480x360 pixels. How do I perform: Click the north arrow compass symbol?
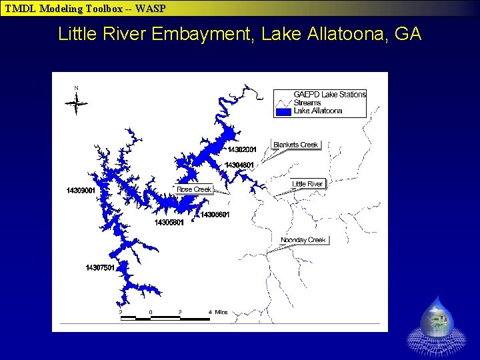(x=77, y=102)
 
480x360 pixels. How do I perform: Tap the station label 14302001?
(x=242, y=149)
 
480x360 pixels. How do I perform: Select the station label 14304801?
(x=239, y=165)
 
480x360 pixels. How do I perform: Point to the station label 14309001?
(x=81, y=191)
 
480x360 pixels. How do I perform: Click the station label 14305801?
(x=169, y=223)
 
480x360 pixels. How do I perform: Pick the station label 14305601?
(x=215, y=215)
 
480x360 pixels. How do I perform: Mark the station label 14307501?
(x=100, y=268)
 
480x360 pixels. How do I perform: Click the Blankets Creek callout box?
(x=295, y=145)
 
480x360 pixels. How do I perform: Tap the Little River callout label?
(x=307, y=184)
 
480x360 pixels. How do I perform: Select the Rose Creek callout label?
(x=193, y=189)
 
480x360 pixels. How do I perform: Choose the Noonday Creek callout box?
(x=303, y=240)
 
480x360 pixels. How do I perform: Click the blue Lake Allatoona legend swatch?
(x=283, y=111)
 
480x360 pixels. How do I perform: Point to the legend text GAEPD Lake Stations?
(x=329, y=95)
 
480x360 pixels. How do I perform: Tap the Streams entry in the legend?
(x=307, y=103)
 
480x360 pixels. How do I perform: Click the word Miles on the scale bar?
(x=221, y=312)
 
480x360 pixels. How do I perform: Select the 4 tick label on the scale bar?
(x=210, y=312)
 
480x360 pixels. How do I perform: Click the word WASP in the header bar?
(x=149, y=9)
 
